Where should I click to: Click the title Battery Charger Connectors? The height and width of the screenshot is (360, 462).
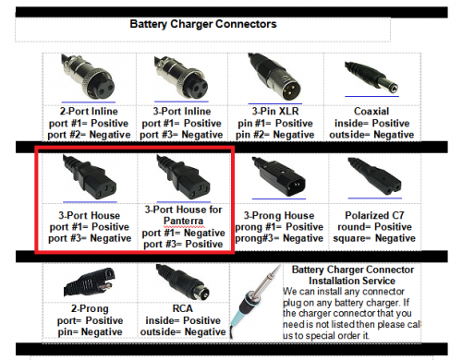(203, 24)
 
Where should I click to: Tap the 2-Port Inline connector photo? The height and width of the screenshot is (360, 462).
(88, 77)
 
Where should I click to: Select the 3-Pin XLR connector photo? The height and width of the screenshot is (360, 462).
(274, 77)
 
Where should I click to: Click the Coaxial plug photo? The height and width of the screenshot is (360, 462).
(372, 77)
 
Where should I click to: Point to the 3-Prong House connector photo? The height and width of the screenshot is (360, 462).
(279, 176)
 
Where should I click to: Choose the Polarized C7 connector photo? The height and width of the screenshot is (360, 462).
(374, 176)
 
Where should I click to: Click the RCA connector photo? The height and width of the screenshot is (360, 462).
(183, 282)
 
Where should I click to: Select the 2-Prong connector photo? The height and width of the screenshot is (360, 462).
(90, 282)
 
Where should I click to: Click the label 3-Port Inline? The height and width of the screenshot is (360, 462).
(182, 111)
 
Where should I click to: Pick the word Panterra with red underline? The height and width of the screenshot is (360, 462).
(183, 221)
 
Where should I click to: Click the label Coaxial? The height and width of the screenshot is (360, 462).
(371, 111)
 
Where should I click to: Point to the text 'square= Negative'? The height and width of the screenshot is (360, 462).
(374, 238)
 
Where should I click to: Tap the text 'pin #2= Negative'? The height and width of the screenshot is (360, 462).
(275, 135)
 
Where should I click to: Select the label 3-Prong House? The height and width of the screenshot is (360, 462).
(279, 215)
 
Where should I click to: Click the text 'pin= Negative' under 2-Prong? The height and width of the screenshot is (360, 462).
(90, 331)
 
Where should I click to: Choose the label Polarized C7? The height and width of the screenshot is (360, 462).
(374, 215)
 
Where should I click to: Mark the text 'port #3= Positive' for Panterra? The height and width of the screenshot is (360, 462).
(183, 244)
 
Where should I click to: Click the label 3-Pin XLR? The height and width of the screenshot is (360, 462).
(275, 111)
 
